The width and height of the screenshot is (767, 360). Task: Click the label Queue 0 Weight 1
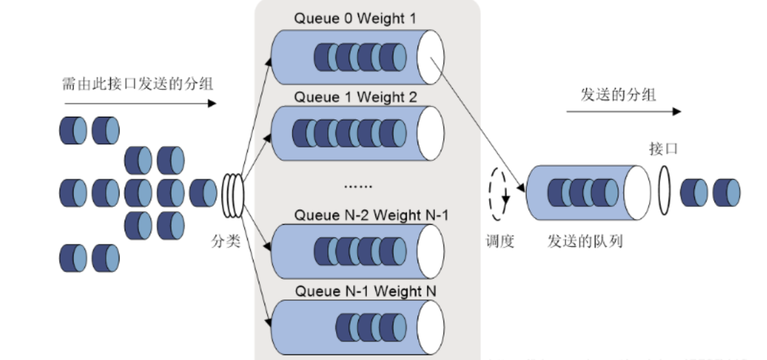click(x=354, y=19)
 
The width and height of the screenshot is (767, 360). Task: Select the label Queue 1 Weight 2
click(x=355, y=98)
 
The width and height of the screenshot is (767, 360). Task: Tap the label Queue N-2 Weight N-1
click(x=371, y=215)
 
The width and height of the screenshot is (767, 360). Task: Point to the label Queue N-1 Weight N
click(x=366, y=292)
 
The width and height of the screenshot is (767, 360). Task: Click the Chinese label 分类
click(x=226, y=243)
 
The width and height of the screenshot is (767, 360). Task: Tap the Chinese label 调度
click(x=500, y=243)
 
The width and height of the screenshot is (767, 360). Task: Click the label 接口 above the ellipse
click(x=663, y=150)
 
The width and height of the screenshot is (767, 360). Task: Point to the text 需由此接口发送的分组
click(x=137, y=83)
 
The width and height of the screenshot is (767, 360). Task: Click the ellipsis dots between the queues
click(x=358, y=186)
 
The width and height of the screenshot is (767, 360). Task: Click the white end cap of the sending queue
click(x=637, y=192)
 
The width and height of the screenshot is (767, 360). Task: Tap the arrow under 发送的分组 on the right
click(x=623, y=111)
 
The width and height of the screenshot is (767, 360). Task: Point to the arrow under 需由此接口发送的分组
click(x=140, y=103)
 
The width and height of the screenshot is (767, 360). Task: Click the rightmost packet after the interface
click(x=726, y=192)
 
